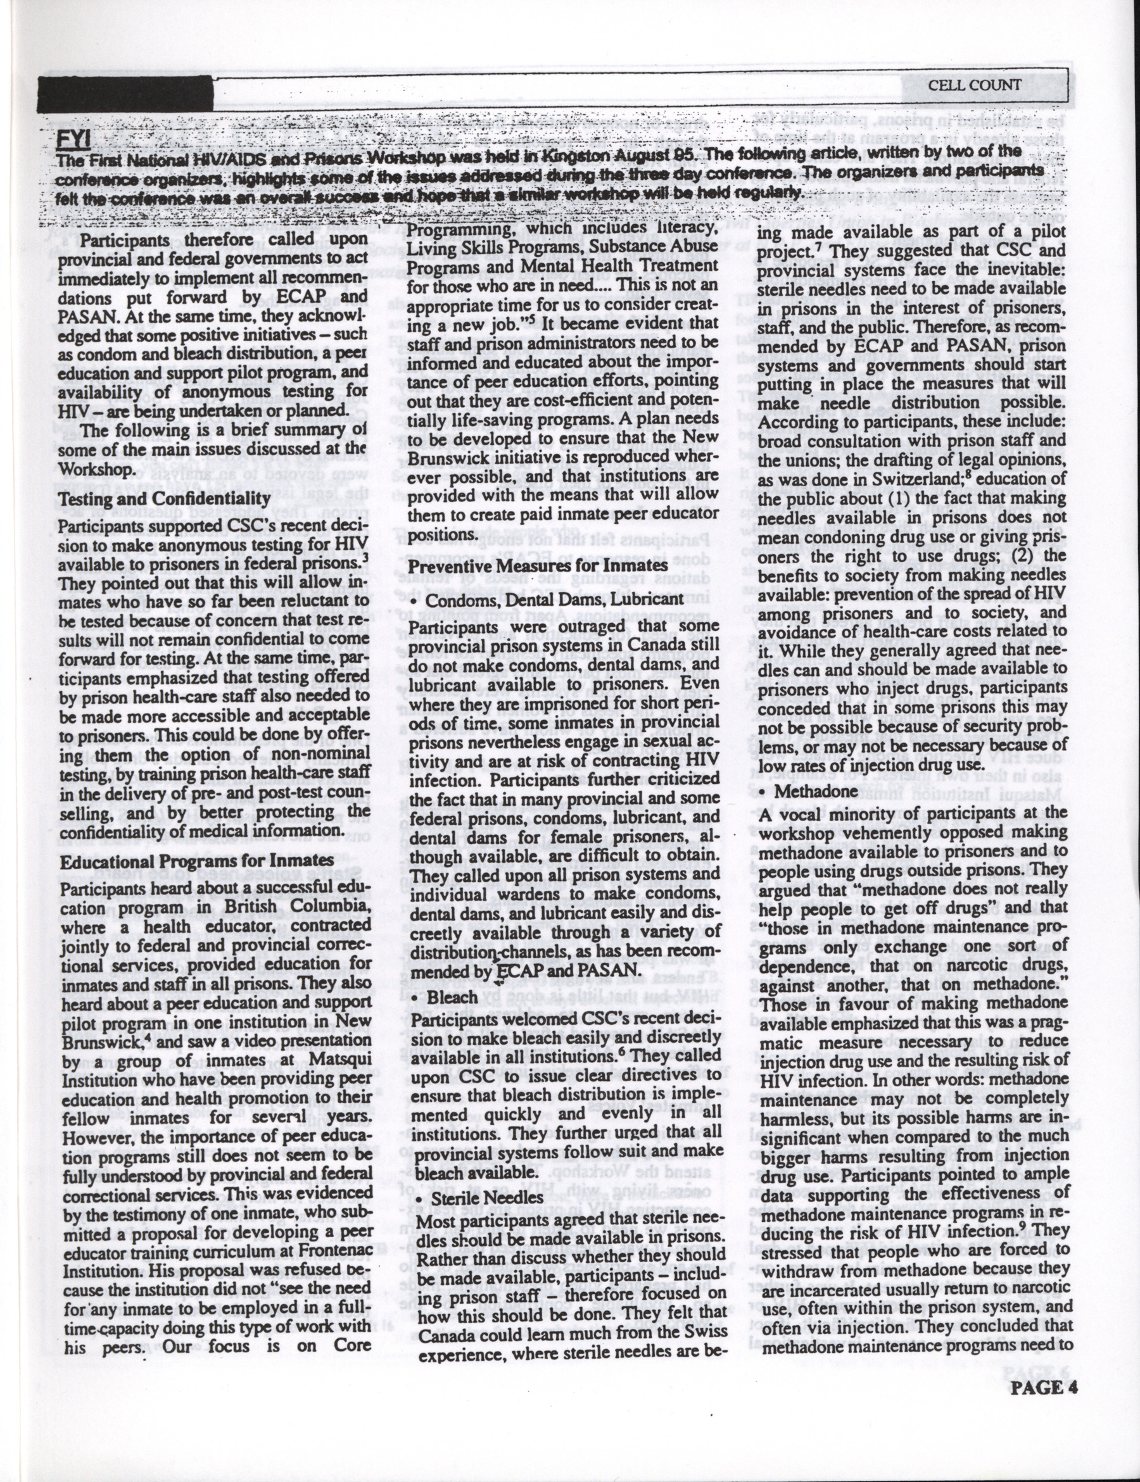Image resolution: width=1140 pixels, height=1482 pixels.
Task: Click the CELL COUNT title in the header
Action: (x=974, y=85)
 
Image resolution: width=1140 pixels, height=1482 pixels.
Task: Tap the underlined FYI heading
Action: (x=73, y=140)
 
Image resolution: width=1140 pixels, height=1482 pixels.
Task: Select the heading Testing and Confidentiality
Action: (x=165, y=498)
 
